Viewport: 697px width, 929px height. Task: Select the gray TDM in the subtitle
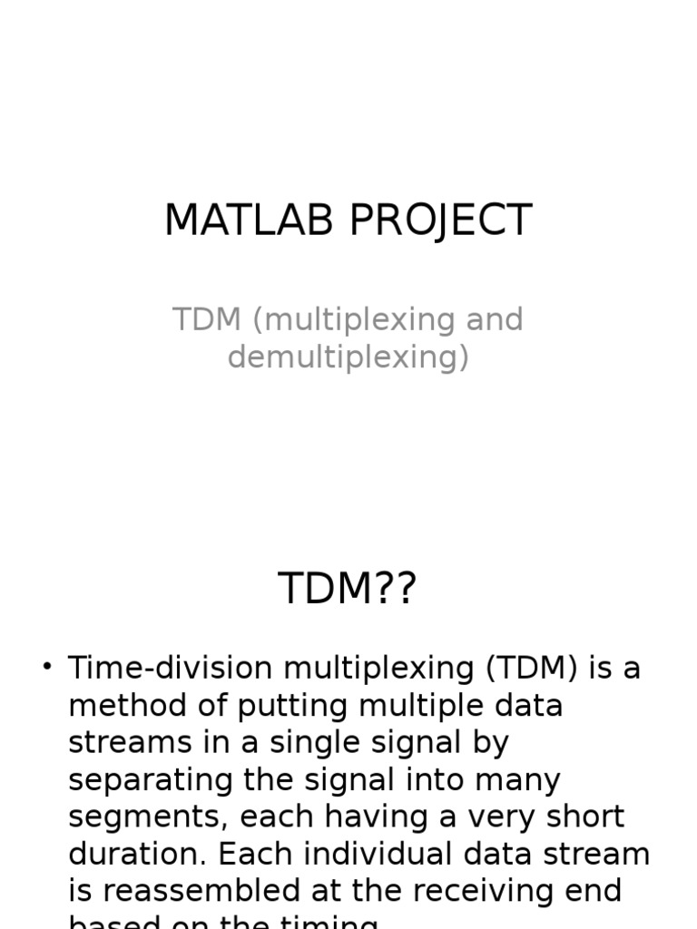coord(206,320)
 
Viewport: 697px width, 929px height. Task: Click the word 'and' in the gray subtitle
coord(494,320)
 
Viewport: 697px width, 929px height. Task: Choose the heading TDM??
coord(348,589)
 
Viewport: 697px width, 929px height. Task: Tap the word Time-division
coord(170,669)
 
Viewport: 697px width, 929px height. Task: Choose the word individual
coord(368,855)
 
